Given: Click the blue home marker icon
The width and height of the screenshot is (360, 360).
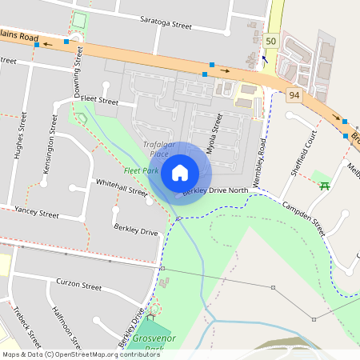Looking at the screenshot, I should [180, 172].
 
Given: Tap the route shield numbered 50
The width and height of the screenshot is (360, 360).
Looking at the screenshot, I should [271, 41].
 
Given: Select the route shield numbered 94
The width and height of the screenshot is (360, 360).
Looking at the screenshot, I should [294, 95].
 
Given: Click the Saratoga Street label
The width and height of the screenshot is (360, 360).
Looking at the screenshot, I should [166, 24].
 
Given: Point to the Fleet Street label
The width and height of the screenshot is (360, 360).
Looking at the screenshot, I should [98, 102].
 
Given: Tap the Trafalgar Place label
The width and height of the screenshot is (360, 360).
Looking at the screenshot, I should [154, 149].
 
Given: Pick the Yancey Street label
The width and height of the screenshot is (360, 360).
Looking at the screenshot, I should [37, 214].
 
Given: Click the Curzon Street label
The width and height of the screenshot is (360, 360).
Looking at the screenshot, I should [78, 284].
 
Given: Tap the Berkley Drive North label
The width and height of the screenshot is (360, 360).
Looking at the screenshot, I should [215, 190].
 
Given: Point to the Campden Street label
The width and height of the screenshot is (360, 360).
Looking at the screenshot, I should [301, 216].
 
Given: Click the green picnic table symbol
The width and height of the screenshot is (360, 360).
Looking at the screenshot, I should [325, 186].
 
